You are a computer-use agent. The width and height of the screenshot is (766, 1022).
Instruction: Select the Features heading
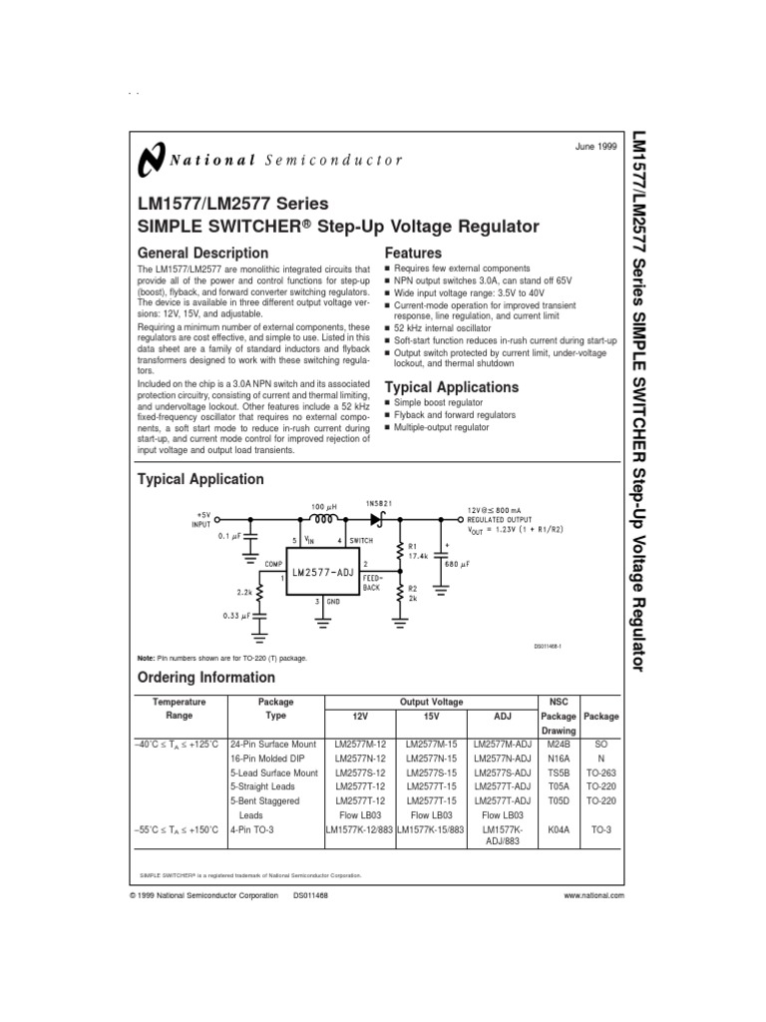click(413, 254)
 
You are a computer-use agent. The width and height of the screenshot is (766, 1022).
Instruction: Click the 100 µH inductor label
click(325, 508)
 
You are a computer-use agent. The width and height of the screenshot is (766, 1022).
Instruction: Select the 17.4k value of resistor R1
click(420, 555)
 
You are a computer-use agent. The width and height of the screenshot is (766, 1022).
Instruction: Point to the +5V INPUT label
click(203, 519)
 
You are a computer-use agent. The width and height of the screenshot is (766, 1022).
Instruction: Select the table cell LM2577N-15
click(432, 759)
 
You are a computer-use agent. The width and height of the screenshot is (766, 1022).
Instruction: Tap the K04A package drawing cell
click(558, 828)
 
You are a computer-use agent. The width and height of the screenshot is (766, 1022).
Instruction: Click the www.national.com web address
click(593, 896)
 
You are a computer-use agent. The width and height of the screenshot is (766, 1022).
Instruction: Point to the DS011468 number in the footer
click(311, 896)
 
